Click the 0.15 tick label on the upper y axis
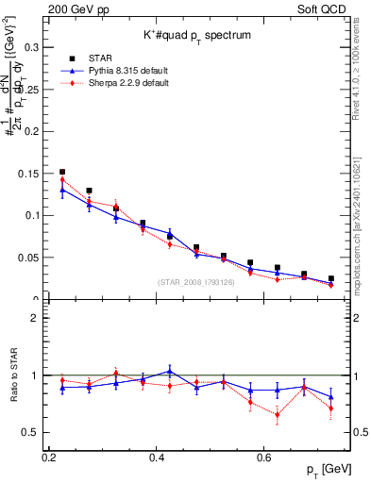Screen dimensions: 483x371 click(31, 173)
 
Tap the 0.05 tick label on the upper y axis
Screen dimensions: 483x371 click(31, 257)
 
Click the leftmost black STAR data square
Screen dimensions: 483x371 click(62, 172)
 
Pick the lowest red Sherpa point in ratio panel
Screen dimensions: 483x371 click(278, 414)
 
